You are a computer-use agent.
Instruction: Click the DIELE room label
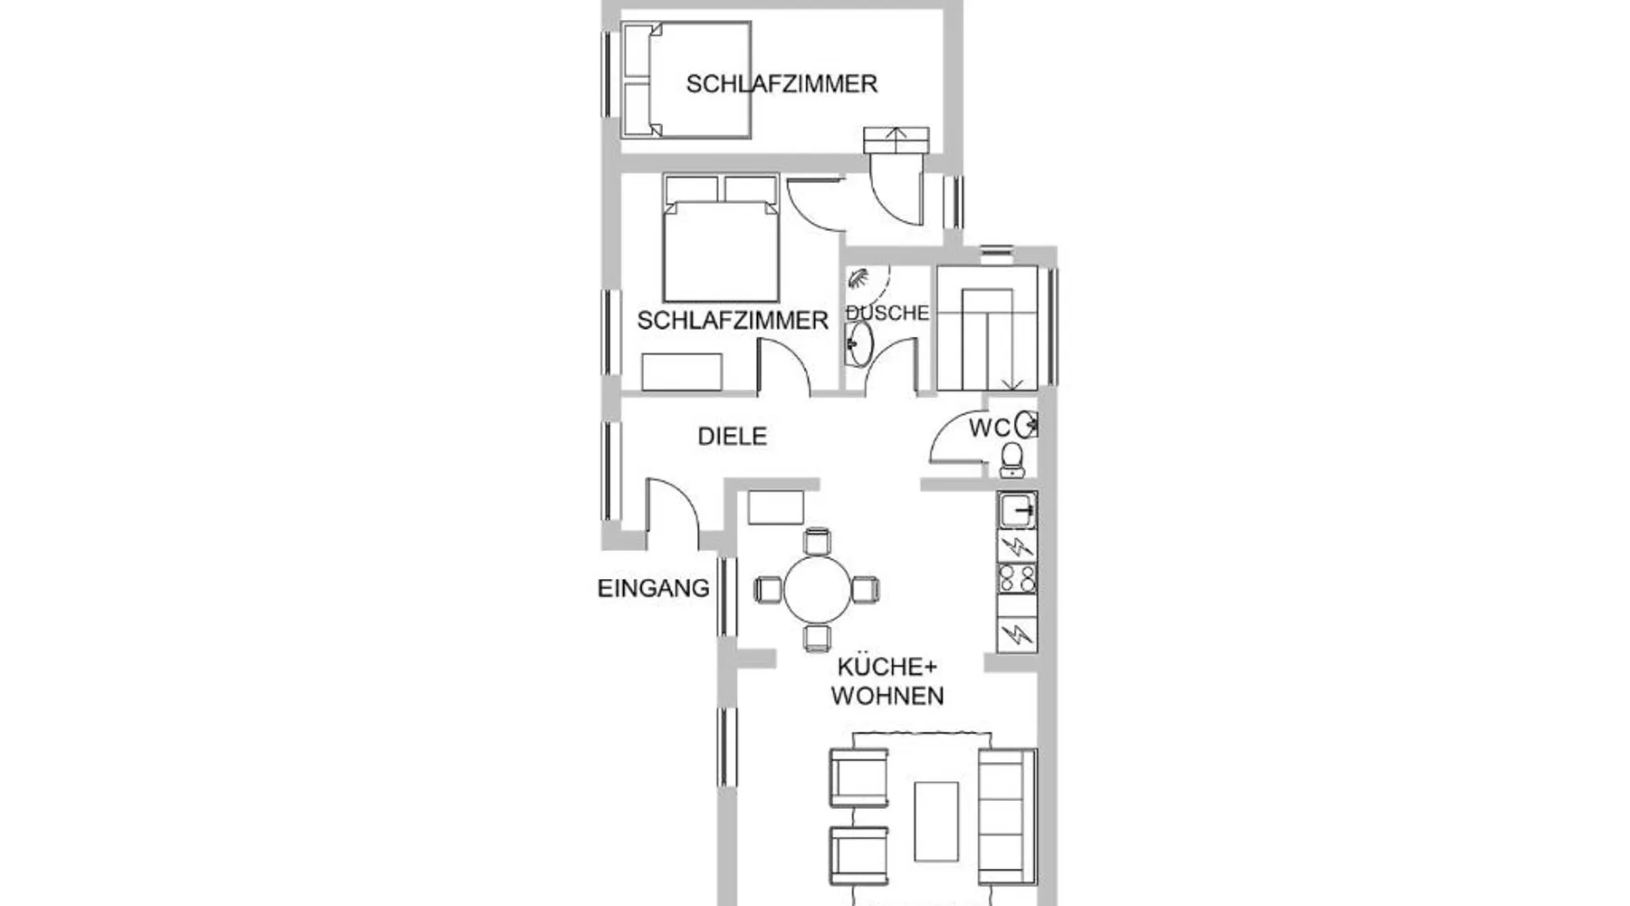pos(733,437)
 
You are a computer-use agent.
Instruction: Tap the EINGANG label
pos(654,589)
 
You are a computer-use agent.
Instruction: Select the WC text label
pos(989,429)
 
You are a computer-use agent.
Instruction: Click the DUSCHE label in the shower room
pos(887,313)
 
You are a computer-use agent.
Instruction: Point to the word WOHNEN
pos(887,697)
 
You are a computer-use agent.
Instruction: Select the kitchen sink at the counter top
pos(1017,511)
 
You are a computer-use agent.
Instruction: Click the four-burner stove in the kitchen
pos(1017,578)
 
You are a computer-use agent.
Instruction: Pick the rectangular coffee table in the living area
pos(936,822)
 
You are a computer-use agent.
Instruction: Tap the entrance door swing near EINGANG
pos(672,513)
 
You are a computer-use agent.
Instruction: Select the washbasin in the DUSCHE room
pos(858,344)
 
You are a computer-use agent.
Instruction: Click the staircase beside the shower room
pos(987,328)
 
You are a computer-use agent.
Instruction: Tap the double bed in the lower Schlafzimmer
pos(721,238)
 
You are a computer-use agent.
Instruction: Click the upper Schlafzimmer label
pos(781,84)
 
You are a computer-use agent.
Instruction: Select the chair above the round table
pos(818,541)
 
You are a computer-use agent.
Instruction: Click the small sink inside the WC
pos(1027,424)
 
